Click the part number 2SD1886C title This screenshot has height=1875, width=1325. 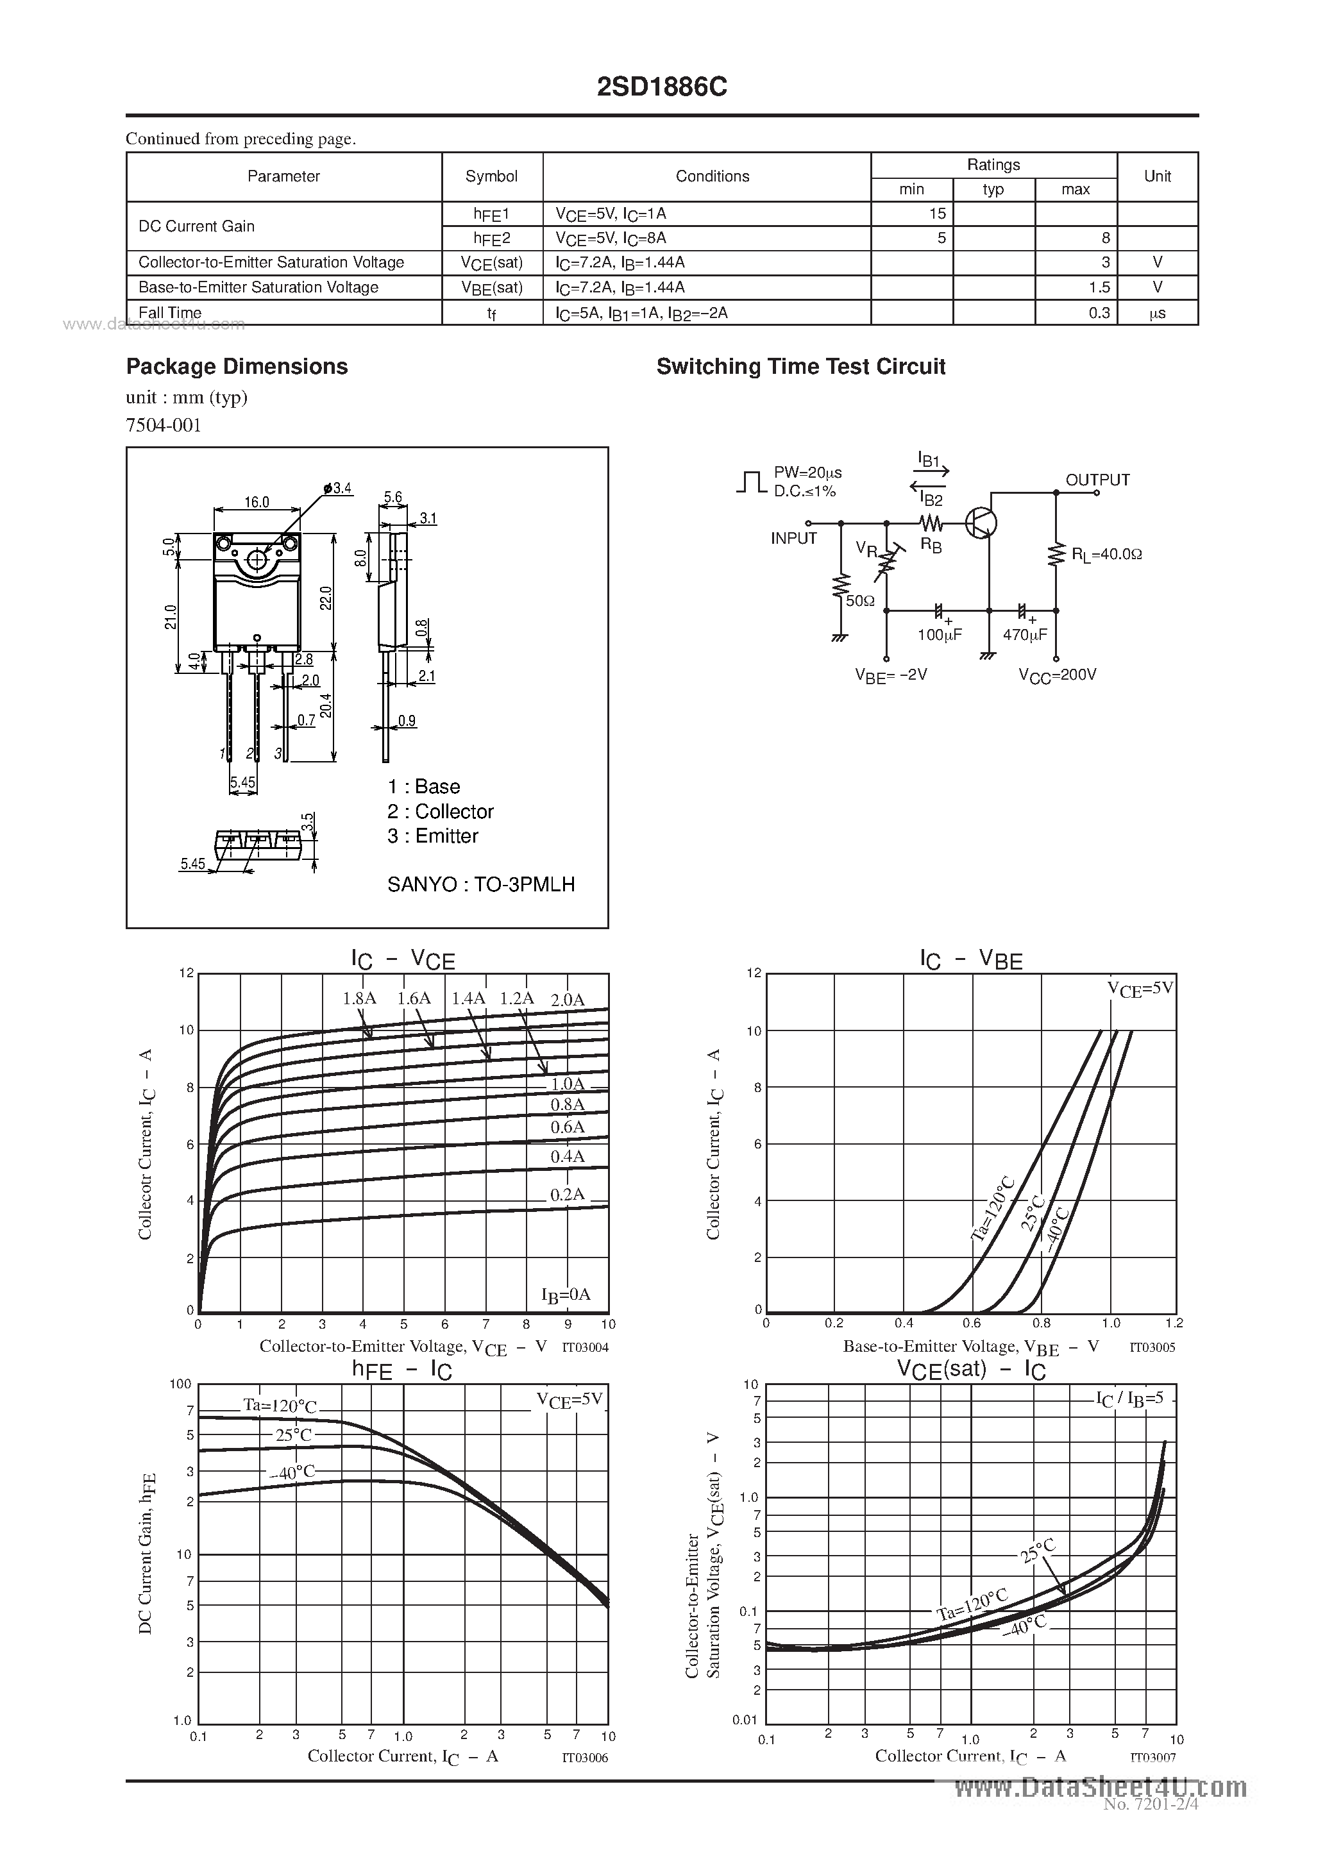[x=662, y=87]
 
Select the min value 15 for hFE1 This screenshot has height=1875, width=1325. [x=936, y=213]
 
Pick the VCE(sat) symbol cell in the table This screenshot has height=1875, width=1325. [x=492, y=263]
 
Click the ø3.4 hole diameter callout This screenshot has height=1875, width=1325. [x=337, y=489]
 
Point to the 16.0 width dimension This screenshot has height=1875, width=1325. [x=257, y=501]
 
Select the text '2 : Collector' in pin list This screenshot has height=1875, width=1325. [x=441, y=811]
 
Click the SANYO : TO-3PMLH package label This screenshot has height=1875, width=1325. [x=481, y=884]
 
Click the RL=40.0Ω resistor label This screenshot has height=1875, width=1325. [x=1106, y=553]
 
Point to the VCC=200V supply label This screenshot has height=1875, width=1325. [x=1057, y=675]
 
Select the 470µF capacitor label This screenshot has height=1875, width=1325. [x=1024, y=635]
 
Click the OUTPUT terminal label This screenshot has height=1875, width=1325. [x=1097, y=480]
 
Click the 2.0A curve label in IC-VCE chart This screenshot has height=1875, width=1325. [x=567, y=1000]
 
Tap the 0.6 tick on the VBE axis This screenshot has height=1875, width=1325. [x=972, y=1323]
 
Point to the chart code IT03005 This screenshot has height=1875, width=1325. [x=1152, y=1347]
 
